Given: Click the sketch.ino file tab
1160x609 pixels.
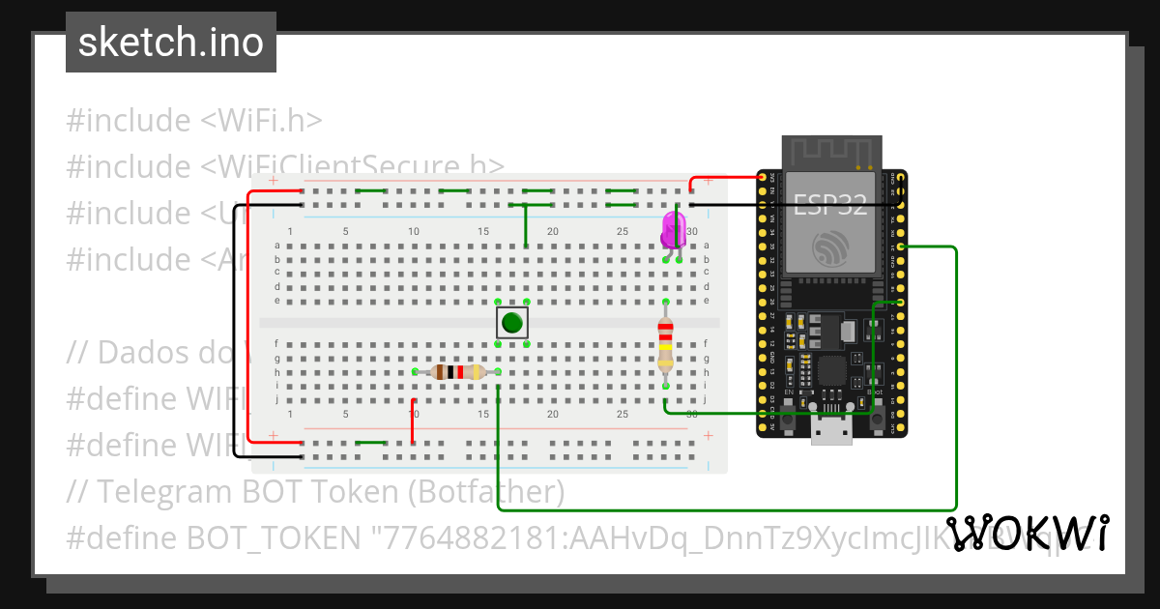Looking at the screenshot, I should tap(170, 43).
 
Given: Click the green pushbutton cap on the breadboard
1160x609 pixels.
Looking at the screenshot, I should tap(512, 323).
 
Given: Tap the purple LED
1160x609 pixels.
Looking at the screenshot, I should tap(673, 231).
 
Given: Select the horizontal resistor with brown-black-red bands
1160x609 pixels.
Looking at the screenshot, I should tap(457, 372).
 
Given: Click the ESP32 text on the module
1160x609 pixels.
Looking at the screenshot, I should tap(830, 205).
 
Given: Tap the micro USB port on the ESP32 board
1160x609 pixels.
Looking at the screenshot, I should tap(831, 430).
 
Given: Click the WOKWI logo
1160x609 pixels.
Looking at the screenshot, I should tap(1027, 534).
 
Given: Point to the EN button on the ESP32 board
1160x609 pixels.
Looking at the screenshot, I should tap(790, 418).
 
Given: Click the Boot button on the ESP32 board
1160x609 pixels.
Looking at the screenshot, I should tap(873, 418).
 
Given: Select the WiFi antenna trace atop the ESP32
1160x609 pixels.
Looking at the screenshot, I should tap(831, 151).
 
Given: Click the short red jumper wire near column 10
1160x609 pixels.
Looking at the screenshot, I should tap(414, 421).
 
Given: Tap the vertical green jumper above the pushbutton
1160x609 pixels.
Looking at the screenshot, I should tap(526, 226).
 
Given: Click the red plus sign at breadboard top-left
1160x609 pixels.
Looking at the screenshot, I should tap(274, 181).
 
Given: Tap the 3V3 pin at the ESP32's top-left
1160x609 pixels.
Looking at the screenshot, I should tap(763, 177).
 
